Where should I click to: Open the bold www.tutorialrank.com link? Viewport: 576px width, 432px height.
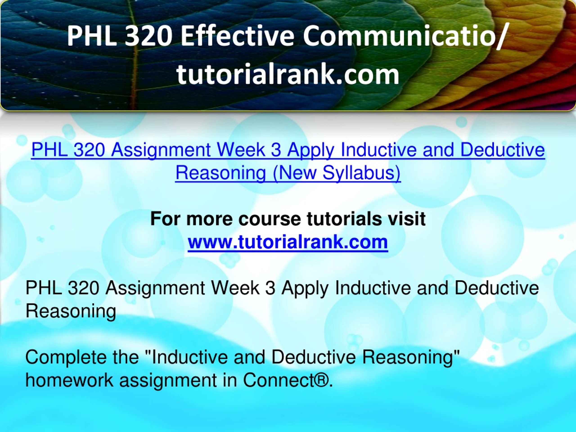(x=288, y=242)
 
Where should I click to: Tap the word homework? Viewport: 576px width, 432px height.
(x=69, y=380)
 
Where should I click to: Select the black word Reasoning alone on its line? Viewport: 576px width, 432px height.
(x=71, y=311)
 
